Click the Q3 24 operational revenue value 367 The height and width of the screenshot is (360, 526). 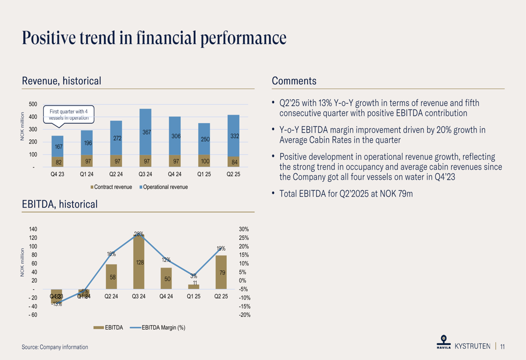(x=139, y=133)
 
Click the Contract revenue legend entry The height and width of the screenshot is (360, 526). (x=112, y=187)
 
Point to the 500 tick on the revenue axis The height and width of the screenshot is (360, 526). (x=33, y=105)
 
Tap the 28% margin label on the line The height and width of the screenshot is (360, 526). (x=139, y=234)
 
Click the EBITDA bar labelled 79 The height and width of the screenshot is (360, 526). (x=221, y=272)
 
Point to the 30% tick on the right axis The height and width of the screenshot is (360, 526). (x=244, y=230)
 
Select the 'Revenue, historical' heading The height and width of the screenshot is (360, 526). (x=62, y=81)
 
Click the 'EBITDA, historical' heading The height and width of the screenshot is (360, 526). (x=59, y=204)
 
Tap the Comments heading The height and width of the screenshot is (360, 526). (x=294, y=81)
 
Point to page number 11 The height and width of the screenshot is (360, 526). (x=503, y=347)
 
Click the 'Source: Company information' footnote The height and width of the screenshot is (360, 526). (x=55, y=347)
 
